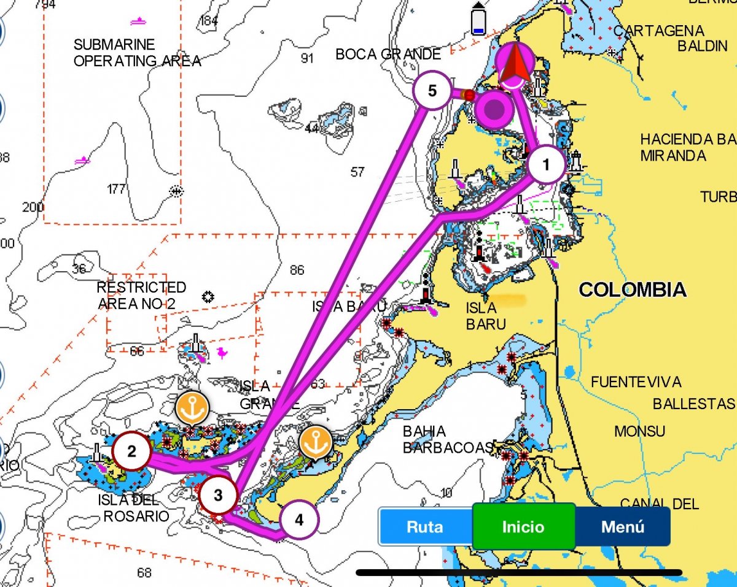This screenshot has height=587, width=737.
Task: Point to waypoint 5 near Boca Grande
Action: pyautogui.click(x=432, y=91)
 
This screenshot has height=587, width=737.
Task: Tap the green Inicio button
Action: pyautogui.click(x=523, y=526)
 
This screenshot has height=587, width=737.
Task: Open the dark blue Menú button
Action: pyautogui.click(x=622, y=526)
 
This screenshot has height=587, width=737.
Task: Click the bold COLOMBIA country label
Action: pyautogui.click(x=632, y=290)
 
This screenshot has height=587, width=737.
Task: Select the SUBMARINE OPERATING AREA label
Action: pyautogui.click(x=136, y=53)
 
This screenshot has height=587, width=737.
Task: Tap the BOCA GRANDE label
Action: pyautogui.click(x=388, y=55)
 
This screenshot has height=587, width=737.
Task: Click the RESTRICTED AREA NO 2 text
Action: pyautogui.click(x=141, y=296)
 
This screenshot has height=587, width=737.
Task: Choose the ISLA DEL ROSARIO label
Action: pyautogui.click(x=135, y=508)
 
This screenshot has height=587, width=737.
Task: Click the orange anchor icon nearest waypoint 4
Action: pyautogui.click(x=315, y=442)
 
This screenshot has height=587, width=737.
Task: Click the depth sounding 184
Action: pyautogui.click(x=209, y=21)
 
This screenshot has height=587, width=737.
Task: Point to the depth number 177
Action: pyautogui.click(x=116, y=188)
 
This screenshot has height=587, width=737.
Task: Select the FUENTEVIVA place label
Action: pyautogui.click(x=636, y=382)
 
